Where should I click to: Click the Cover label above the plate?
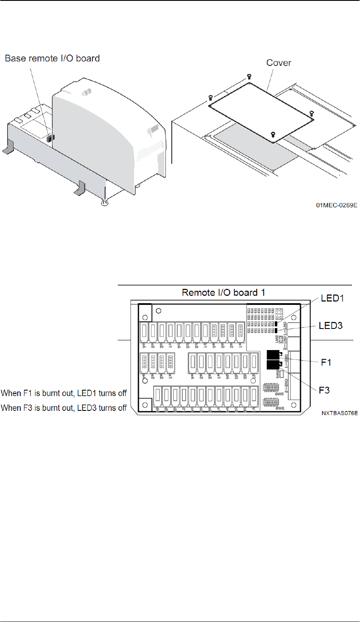(x=279, y=63)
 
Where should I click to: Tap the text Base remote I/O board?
(x=52, y=58)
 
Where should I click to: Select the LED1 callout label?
(x=332, y=299)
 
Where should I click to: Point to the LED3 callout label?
(x=330, y=326)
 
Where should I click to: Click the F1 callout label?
(x=326, y=362)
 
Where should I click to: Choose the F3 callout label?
(x=324, y=390)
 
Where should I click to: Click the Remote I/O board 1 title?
(x=223, y=293)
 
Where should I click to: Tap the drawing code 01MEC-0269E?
(x=337, y=205)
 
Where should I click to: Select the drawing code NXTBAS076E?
(x=339, y=413)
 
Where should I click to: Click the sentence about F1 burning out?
(x=64, y=393)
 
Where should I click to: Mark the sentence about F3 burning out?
(x=64, y=408)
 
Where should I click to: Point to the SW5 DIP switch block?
(x=271, y=388)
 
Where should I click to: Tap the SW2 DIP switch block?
(x=271, y=401)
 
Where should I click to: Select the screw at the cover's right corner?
(x=312, y=113)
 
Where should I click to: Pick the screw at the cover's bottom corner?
(x=272, y=135)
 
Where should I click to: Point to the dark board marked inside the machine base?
(x=49, y=138)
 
